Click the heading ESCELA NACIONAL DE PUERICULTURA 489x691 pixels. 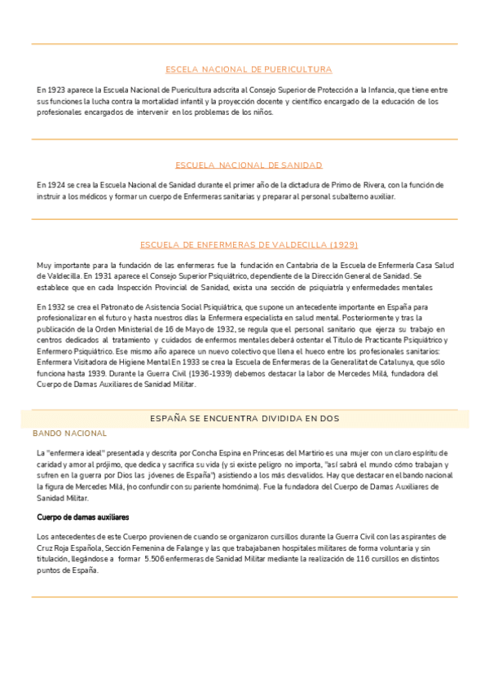(x=249, y=69)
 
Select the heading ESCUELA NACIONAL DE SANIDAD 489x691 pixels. (x=249, y=165)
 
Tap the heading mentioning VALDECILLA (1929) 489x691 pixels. (x=249, y=244)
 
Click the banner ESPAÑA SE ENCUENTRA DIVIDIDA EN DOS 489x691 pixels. (x=245, y=418)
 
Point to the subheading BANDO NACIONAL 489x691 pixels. (x=69, y=434)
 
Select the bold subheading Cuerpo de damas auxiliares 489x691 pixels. (x=83, y=517)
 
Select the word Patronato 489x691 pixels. (x=110, y=306)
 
